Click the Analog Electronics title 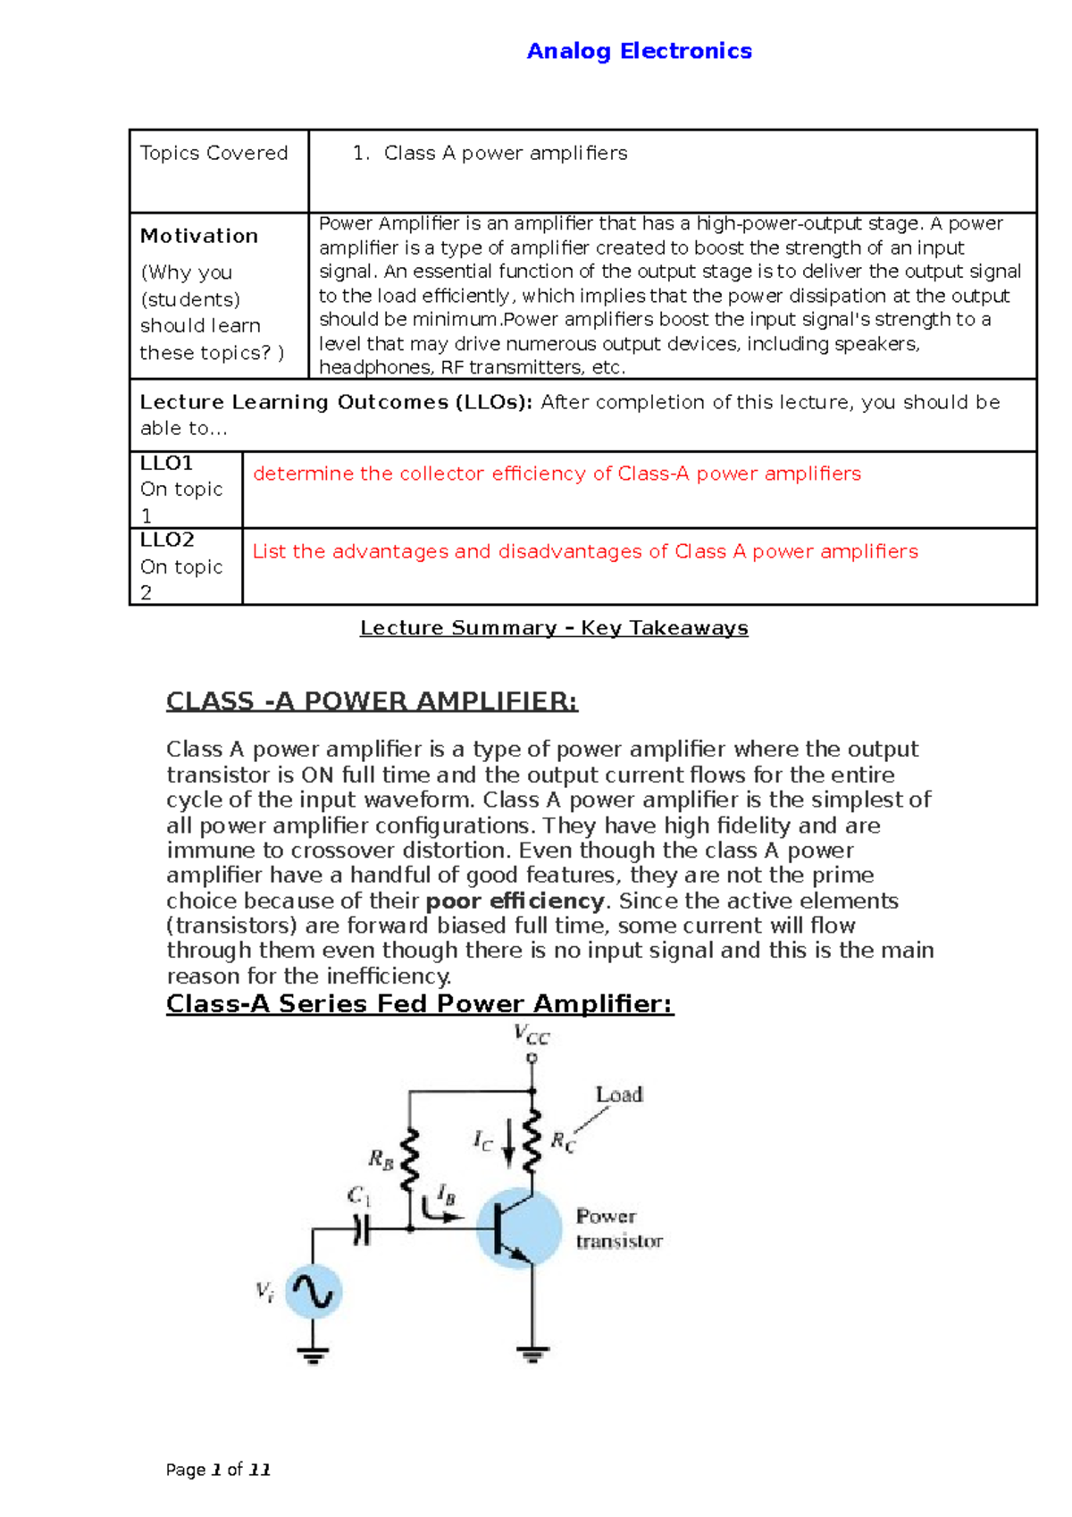click(639, 51)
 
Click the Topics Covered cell click(214, 154)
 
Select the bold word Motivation click(198, 236)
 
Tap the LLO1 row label click(167, 464)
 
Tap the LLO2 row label click(167, 541)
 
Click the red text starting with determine click(557, 474)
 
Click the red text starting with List click(585, 551)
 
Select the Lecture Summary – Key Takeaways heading click(554, 628)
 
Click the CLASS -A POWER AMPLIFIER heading click(372, 701)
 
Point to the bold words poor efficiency click(515, 901)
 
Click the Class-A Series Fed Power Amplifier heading click(420, 1004)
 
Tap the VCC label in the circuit click(532, 1035)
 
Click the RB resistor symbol click(409, 1160)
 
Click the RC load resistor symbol click(532, 1142)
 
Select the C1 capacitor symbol click(361, 1230)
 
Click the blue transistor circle click(519, 1229)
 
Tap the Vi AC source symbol click(313, 1292)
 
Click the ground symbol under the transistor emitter click(532, 1354)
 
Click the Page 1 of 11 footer click(218, 1470)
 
